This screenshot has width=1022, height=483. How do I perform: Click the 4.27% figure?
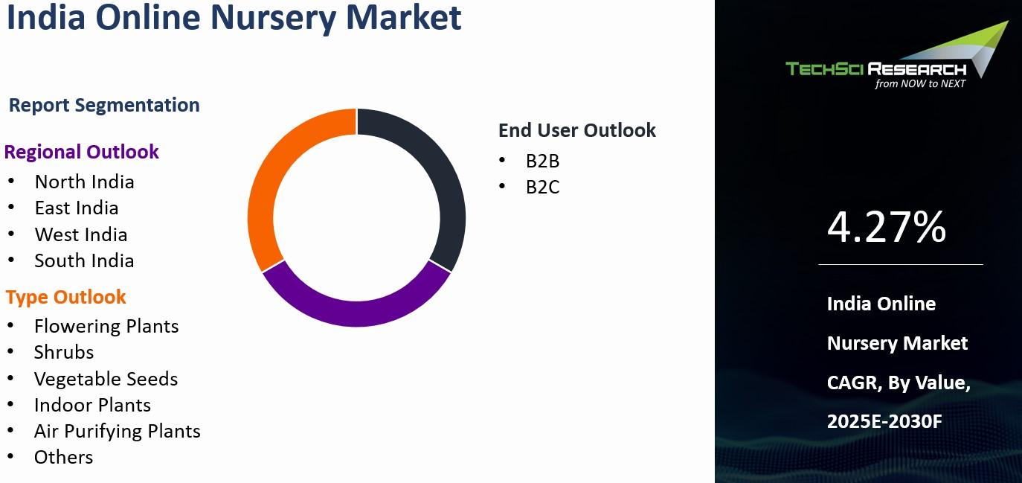(887, 226)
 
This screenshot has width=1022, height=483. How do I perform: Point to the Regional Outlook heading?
(82, 152)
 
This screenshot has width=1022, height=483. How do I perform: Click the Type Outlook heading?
(65, 297)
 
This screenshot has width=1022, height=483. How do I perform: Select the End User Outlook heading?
(577, 130)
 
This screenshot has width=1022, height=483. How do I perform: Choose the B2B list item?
(542, 161)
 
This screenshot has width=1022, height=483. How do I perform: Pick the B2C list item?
(542, 187)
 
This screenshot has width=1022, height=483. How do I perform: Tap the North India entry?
(84, 182)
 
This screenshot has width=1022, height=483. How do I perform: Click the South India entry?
(84, 260)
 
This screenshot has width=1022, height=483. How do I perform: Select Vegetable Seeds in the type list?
(106, 379)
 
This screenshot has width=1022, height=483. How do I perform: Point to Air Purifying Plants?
(118, 431)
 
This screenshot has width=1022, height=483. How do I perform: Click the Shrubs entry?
(64, 353)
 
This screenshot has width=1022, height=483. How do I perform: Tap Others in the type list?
(63, 457)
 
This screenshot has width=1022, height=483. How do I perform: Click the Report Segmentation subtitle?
(104, 105)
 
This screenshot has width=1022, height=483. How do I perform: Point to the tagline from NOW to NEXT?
(920, 83)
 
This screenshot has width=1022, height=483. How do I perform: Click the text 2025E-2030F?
(884, 421)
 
